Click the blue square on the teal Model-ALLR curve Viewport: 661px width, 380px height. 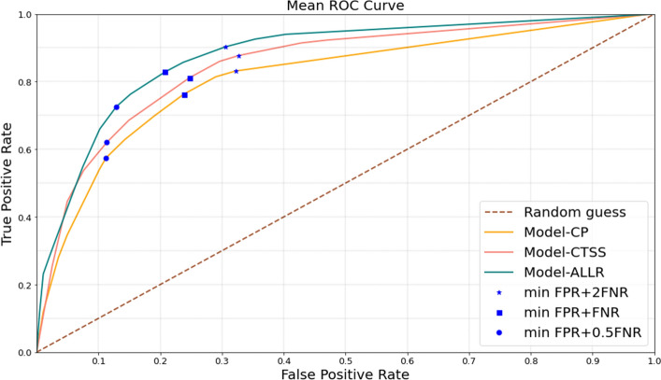[x=165, y=72]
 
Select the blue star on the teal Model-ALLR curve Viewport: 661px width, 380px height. [x=225, y=47]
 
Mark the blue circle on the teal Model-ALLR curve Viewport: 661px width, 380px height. [x=117, y=107]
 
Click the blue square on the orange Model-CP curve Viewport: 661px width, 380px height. [x=184, y=95]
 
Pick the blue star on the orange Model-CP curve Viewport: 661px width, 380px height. [x=236, y=71]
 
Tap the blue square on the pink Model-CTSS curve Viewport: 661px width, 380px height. [x=191, y=78]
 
